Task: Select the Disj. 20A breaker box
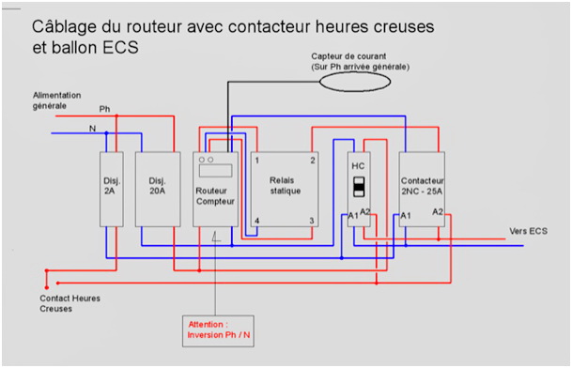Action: (x=157, y=187)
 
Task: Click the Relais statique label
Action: (x=285, y=185)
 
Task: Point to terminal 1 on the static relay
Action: (x=256, y=160)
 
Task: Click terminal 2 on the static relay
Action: (x=313, y=160)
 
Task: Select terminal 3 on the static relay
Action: (x=313, y=220)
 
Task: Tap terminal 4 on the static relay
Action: (x=256, y=220)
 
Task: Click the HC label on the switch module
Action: (x=358, y=166)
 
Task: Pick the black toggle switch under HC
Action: (x=358, y=186)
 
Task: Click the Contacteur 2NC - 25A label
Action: (x=422, y=185)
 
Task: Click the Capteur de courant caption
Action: (x=362, y=61)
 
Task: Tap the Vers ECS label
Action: (x=528, y=231)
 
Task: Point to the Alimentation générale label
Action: (x=56, y=100)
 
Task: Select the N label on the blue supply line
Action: (x=91, y=128)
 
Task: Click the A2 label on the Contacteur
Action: (x=438, y=212)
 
